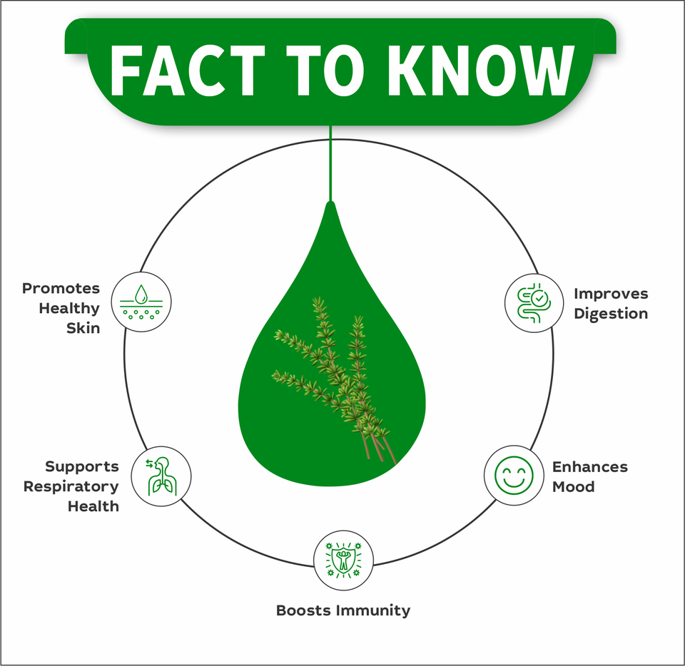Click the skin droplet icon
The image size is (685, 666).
pyautogui.click(x=141, y=302)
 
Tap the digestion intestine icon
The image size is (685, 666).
pyautogui.click(x=534, y=302)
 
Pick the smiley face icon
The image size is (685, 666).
pyautogui.click(x=514, y=476)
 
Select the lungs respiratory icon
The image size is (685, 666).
pyautogui.click(x=162, y=476)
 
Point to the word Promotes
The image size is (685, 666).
pyautogui.click(x=61, y=289)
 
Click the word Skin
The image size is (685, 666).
pyautogui.click(x=83, y=328)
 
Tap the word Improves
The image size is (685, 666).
pyautogui.click(x=611, y=294)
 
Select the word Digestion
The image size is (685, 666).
pyautogui.click(x=611, y=314)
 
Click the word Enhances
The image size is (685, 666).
pyautogui.click(x=589, y=467)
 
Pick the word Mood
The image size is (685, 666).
pyautogui.click(x=574, y=487)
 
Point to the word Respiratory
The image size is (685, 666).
pyautogui.click(x=71, y=486)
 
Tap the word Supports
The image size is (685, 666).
pyautogui.click(x=82, y=466)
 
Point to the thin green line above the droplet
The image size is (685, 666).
pyautogui.click(x=330, y=164)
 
